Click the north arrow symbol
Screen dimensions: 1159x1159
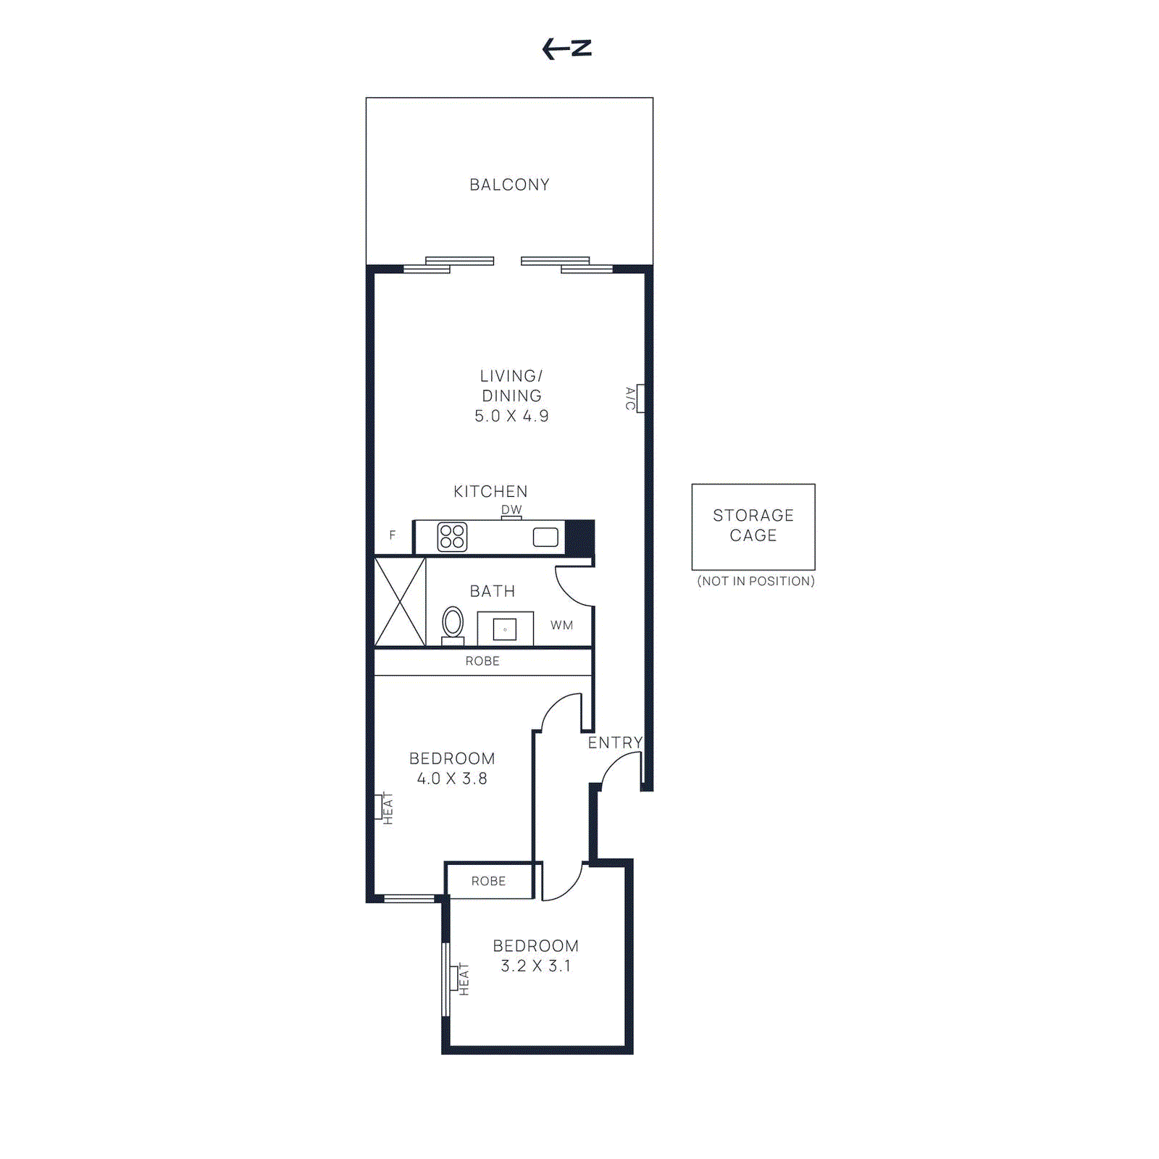566,49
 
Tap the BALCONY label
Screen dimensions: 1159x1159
509,185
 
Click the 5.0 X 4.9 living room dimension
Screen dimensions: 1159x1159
511,416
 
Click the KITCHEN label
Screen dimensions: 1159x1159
490,491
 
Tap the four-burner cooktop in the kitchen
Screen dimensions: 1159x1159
452,537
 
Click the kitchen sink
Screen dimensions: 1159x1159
545,537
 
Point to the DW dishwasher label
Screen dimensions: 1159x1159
511,509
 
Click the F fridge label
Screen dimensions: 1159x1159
393,535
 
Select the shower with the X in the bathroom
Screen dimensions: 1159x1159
400,601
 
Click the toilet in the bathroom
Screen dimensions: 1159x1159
453,624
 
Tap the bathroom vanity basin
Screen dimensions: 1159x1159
505,629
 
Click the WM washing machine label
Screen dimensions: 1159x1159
561,625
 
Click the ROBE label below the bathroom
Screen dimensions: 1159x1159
482,661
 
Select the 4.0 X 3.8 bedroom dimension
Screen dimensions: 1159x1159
452,779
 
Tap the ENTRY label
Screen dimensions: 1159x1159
615,742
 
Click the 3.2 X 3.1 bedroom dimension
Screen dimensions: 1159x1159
536,966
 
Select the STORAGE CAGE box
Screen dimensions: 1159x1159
753,527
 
